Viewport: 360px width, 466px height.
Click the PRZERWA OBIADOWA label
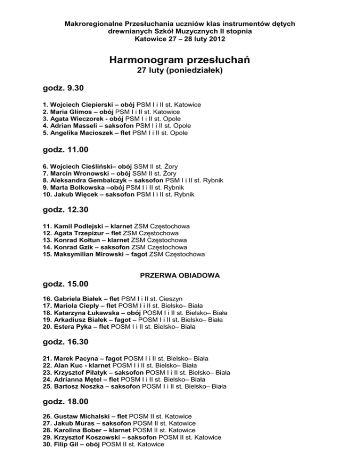coord(180,276)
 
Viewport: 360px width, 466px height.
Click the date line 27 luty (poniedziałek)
coord(180,72)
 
